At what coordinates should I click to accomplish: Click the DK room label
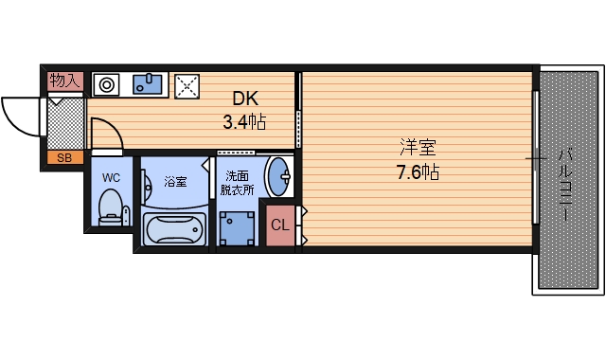[245, 99]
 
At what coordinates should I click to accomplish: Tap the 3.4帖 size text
[244, 122]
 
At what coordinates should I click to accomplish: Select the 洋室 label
[419, 147]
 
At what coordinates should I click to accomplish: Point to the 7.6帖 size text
[419, 171]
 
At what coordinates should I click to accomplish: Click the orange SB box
[65, 158]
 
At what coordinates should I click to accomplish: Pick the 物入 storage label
[65, 81]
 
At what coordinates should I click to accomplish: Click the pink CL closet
[280, 225]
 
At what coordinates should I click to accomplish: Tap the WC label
[111, 178]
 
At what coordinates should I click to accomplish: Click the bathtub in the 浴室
[174, 229]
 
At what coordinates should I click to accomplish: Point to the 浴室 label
[175, 181]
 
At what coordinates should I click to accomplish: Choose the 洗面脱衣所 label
[238, 183]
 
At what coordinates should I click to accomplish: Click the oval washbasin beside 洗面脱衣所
[278, 177]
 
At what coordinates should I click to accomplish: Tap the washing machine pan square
[237, 228]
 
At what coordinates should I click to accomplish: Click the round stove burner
[107, 84]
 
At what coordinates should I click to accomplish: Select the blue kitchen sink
[148, 84]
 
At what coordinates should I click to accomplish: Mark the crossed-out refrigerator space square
[187, 86]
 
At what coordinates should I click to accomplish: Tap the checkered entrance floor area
[65, 124]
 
